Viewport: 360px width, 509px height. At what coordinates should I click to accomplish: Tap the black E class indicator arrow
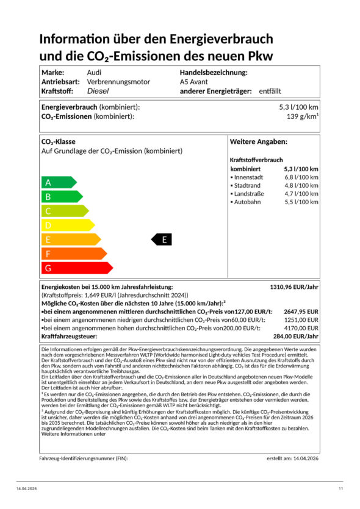pyautogui.click(x=162, y=240)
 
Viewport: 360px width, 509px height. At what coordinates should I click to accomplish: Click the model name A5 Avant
pyautogui.click(x=194, y=82)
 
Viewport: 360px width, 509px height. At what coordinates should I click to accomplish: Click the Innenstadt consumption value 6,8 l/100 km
pyautogui.click(x=301, y=177)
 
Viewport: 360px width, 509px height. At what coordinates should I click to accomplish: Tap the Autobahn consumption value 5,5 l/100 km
pyautogui.click(x=301, y=202)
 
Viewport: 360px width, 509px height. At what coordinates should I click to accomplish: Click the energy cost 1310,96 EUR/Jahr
pyautogui.click(x=294, y=287)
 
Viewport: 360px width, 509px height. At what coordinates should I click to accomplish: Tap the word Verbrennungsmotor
pyautogui.click(x=117, y=82)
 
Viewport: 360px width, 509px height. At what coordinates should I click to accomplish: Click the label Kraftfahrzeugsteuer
pyautogui.click(x=68, y=336)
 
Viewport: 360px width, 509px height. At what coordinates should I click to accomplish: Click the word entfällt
pyautogui.click(x=270, y=91)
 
